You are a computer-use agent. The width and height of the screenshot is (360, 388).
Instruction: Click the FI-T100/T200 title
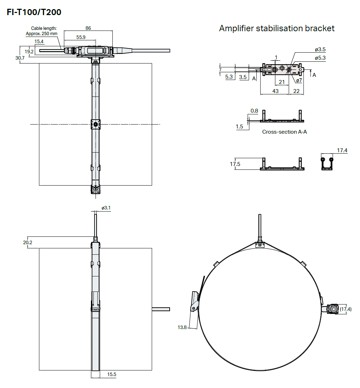coord(34,12)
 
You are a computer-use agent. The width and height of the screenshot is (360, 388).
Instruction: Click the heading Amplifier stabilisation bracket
coord(277,28)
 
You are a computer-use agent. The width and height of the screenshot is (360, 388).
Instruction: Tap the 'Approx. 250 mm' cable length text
coord(41,34)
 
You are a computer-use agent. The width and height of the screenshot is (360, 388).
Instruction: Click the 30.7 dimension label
coord(20,58)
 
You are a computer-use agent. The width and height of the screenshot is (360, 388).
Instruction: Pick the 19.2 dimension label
coord(29,52)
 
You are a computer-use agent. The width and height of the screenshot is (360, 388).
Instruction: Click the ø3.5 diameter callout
coord(320,49)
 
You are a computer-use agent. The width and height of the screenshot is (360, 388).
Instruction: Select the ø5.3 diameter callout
coord(320,58)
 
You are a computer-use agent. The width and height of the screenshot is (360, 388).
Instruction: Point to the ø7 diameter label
coord(299,80)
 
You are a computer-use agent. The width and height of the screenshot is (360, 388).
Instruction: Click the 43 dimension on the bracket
coord(275,91)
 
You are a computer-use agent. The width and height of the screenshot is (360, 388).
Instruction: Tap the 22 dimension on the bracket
coord(296,91)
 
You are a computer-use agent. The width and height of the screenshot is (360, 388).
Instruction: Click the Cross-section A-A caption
coord(284,132)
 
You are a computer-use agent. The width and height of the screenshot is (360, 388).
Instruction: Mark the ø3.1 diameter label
coord(106,208)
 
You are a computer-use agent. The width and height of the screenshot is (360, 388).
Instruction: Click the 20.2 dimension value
coord(28,242)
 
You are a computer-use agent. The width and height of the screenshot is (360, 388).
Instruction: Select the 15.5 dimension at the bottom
coord(112,374)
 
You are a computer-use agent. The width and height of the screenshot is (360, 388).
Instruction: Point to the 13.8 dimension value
coord(182,327)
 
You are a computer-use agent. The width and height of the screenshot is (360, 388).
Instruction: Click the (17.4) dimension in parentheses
coord(346,309)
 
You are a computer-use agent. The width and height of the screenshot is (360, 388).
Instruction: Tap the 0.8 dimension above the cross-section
coord(254,111)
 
